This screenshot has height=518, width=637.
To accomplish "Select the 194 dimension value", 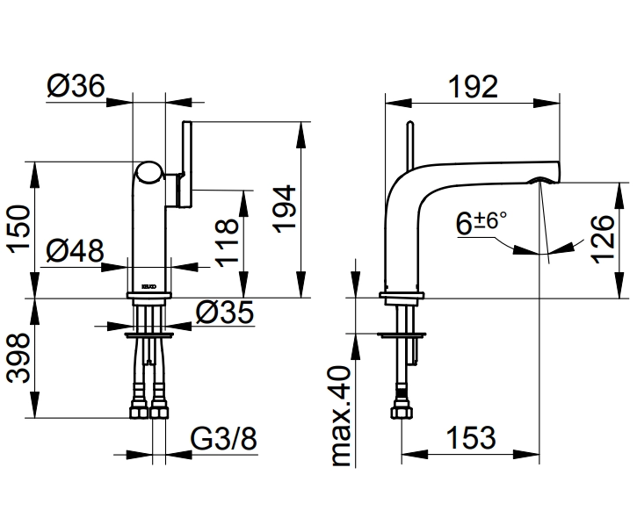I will [x=283, y=210].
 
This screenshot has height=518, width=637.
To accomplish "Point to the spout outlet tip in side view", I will [x=541, y=178].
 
